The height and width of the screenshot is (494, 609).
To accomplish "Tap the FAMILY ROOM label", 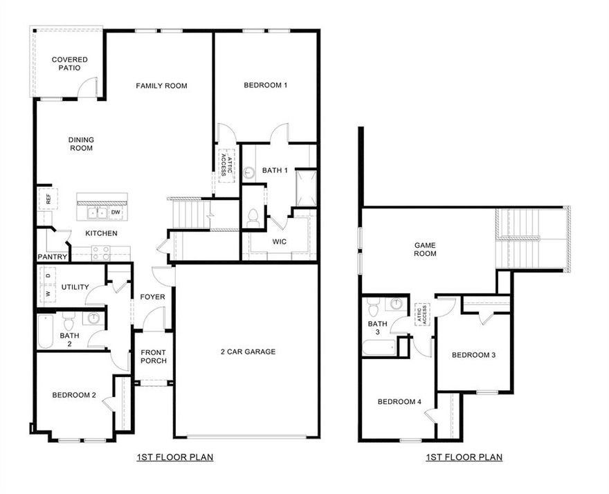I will pyautogui.click(x=161, y=86).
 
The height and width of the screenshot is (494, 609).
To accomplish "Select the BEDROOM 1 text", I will pyautogui.click(x=265, y=85).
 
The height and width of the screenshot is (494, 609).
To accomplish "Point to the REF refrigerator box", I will pyautogui.click(x=46, y=199).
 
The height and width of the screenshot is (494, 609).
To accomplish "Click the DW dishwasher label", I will pyautogui.click(x=116, y=212).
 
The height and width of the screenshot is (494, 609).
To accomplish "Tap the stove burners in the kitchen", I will pyautogui.click(x=101, y=253).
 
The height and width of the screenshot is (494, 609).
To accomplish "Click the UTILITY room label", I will pyautogui.click(x=75, y=286).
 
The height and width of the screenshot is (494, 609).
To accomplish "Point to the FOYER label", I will pyautogui.click(x=153, y=297).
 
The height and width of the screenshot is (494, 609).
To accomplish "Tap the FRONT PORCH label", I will pyautogui.click(x=153, y=356).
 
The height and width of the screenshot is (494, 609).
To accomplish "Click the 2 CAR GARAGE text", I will pyautogui.click(x=248, y=351).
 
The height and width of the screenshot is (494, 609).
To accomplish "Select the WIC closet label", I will pyautogui.click(x=280, y=241).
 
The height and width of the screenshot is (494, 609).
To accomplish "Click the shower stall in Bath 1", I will pyautogui.click(x=305, y=187).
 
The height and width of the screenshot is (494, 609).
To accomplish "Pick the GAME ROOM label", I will pyautogui.click(x=425, y=249).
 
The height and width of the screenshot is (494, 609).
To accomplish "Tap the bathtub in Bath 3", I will pyautogui.click(x=379, y=347).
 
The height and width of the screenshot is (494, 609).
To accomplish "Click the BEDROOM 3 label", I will pyautogui.click(x=473, y=355).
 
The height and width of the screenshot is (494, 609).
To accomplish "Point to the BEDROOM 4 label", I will pyautogui.click(x=399, y=401).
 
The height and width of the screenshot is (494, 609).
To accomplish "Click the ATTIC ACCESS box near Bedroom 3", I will pyautogui.click(x=421, y=315).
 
